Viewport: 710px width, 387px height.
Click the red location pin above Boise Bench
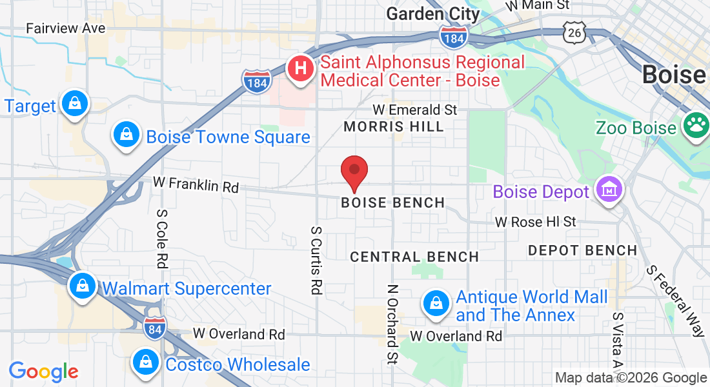[354, 172]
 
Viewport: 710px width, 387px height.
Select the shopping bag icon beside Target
[75, 104]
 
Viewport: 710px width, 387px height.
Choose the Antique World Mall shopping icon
[436, 304]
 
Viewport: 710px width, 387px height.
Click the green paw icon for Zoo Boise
[696, 126]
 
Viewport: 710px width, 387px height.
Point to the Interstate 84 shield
[154, 326]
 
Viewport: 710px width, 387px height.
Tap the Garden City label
[433, 14]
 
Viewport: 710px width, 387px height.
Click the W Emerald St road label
[415, 110]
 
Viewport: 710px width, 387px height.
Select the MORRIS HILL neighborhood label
[394, 126]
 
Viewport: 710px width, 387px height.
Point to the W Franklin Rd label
[196, 184]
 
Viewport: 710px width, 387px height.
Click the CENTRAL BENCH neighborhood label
[414, 257]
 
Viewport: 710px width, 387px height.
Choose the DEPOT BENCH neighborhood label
[582, 250]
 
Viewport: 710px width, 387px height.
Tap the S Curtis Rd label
[316, 260]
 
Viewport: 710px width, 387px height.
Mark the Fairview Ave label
[65, 28]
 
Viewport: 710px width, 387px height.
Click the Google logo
[43, 372]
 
